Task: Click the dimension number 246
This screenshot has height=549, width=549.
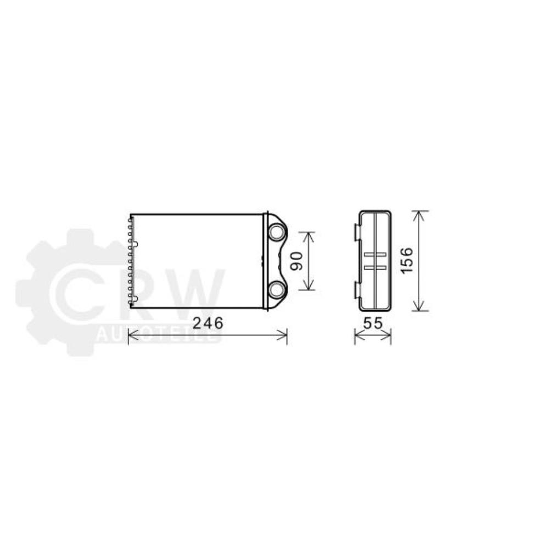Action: [208, 323]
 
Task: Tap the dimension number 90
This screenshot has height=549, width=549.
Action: [297, 261]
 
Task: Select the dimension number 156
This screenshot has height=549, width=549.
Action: [407, 260]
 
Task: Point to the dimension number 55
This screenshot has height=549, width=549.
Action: [373, 323]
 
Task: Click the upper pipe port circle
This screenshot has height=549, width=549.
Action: [277, 232]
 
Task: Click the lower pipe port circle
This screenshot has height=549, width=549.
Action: [277, 289]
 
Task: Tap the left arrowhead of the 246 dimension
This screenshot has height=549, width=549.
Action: [133, 335]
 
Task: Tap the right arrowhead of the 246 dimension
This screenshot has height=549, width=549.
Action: [282, 335]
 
